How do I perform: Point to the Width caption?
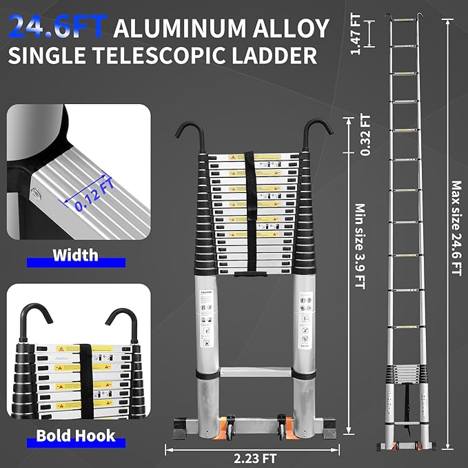coord(76,256)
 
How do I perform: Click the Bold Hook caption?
coord(76,436)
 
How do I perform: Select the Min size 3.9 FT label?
coord(358,245)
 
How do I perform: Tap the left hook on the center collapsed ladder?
coord(185,134)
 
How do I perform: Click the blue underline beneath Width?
coord(76,263)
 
